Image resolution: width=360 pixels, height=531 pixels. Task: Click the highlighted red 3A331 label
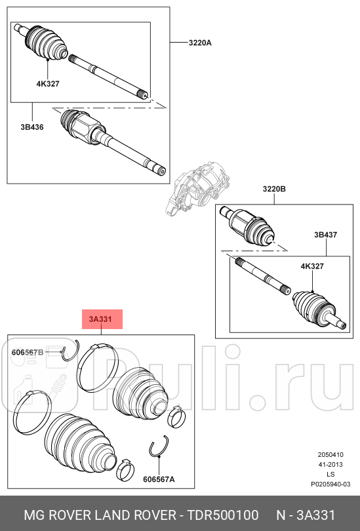pyautogui.click(x=102, y=319)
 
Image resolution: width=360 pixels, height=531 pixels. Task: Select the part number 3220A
pyautogui.click(x=200, y=43)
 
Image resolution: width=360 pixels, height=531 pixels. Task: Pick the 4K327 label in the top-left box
pyautogui.click(x=48, y=84)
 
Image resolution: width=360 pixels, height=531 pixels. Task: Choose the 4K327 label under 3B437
pyautogui.click(x=312, y=266)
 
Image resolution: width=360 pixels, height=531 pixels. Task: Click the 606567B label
pyautogui.click(x=28, y=352)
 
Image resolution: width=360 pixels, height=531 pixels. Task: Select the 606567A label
pyautogui.click(x=159, y=479)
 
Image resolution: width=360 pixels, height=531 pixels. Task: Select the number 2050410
pyautogui.click(x=330, y=454)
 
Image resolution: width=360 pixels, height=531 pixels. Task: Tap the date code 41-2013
pyautogui.click(x=330, y=464)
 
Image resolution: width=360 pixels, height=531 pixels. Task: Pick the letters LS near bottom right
pyautogui.click(x=330, y=473)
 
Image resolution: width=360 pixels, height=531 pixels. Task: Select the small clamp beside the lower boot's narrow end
pyautogui.click(x=125, y=469)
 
